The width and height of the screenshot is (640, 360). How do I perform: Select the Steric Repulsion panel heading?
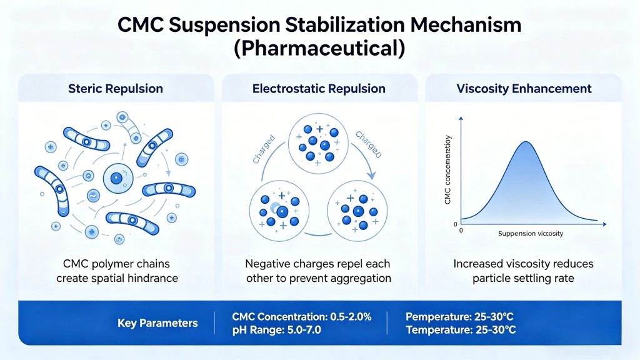tap(115, 89)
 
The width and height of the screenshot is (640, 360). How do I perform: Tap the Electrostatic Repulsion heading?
tap(319, 89)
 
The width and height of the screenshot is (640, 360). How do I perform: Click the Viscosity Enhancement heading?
tap(523, 89)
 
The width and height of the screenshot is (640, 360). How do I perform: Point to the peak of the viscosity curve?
tap(524, 142)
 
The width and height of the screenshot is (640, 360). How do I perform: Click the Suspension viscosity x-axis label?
tap(531, 233)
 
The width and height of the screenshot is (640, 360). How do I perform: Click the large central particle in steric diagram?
tap(116, 179)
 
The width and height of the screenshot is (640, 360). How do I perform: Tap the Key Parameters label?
tap(157, 323)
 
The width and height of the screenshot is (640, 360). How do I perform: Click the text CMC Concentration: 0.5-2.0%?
tap(301, 316)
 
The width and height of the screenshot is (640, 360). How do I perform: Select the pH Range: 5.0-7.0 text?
tap(276, 330)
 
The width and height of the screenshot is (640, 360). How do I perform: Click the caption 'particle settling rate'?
tap(524, 278)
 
